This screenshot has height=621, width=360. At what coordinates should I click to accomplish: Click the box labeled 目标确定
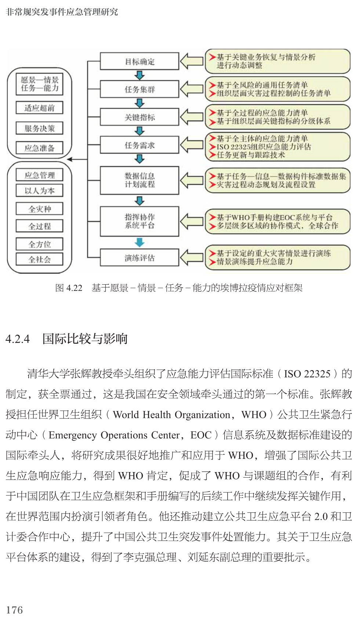[139, 61]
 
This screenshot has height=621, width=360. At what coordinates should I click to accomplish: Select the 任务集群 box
[139, 89]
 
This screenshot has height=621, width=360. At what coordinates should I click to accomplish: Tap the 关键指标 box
[139, 117]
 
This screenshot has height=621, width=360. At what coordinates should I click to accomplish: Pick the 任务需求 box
[139, 145]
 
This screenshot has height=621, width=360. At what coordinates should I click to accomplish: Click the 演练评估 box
[139, 257]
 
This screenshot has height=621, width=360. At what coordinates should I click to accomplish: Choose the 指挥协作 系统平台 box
[139, 221]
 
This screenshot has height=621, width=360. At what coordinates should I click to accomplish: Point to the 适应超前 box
[39, 108]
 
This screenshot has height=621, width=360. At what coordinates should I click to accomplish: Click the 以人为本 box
[39, 190]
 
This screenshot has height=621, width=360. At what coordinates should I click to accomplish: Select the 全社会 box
[39, 259]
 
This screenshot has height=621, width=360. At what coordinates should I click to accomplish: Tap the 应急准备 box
[39, 148]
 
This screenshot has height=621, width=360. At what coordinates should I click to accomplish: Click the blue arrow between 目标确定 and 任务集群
[139, 75]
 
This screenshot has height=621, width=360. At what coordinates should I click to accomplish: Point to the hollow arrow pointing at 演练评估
[191, 257]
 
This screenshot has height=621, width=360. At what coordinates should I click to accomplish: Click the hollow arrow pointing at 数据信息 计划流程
[191, 180]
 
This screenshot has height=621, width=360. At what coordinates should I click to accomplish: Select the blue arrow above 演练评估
[139, 242]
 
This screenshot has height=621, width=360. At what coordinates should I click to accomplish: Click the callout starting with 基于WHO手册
[277, 221]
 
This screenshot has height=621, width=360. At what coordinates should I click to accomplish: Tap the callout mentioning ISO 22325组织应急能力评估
[277, 146]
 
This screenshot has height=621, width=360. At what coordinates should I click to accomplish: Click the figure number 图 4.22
[69, 288]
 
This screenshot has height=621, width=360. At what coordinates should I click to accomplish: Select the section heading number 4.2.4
[18, 339]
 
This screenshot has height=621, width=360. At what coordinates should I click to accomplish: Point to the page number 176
[14, 610]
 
